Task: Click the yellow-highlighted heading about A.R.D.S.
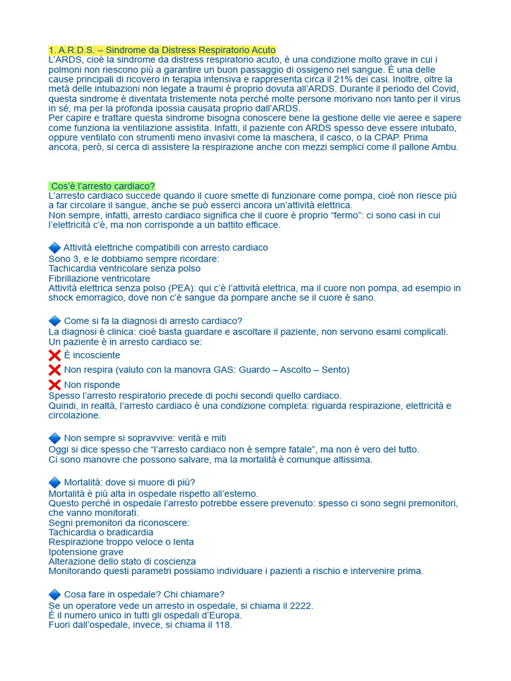tap(162, 51)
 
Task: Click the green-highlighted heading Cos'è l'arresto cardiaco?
tap(102, 186)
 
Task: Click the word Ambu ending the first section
tap(444, 147)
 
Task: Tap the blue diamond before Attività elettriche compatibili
tap(55, 247)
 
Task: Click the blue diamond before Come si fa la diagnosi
tap(55, 321)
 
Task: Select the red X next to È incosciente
tap(55, 355)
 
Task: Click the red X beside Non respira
tap(55, 370)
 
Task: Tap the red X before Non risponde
tap(55, 385)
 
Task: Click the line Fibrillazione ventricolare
tap(99, 279)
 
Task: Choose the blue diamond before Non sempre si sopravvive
tap(55, 438)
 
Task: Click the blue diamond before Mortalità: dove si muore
tap(55, 482)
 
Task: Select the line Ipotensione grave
tap(86, 552)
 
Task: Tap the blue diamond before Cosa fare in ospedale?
tap(55, 594)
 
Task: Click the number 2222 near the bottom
tap(299, 606)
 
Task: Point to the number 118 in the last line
tap(221, 625)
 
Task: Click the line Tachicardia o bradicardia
tap(101, 533)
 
